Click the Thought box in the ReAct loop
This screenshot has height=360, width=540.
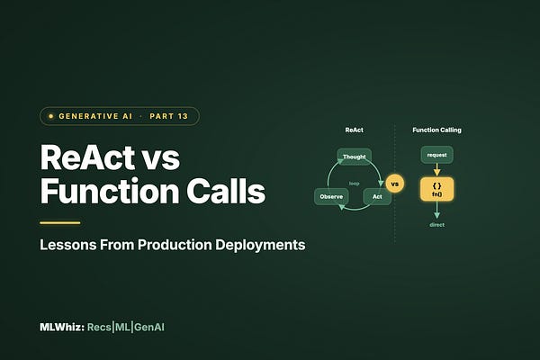(354, 157)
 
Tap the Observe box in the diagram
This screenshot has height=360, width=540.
(331, 197)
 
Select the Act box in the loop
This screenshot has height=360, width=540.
(377, 197)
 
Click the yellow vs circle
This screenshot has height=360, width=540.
(395, 184)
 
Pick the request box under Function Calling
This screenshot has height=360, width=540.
(436, 155)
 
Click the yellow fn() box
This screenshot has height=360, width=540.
(436, 190)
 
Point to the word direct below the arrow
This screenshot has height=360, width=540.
(436, 225)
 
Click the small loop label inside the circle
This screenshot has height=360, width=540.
(354, 184)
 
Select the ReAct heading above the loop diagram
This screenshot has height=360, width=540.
(354, 130)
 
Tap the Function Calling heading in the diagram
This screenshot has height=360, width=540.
(436, 130)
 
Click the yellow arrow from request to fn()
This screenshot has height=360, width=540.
(436, 170)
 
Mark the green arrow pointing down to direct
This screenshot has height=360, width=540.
(436, 210)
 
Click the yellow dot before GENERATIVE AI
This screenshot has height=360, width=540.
(51, 116)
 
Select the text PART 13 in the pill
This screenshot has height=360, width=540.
(169, 116)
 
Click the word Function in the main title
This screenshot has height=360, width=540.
(110, 191)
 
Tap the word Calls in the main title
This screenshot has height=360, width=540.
(226, 191)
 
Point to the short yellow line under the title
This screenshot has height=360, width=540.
(60, 223)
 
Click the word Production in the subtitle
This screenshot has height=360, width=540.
(175, 245)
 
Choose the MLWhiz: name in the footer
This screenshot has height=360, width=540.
(62, 327)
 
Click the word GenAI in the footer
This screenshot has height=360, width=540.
(149, 327)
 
